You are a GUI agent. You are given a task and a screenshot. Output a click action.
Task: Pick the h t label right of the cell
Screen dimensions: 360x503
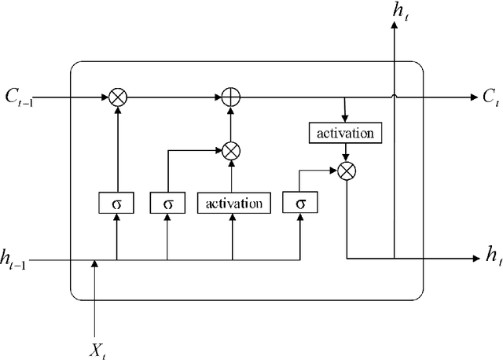coord(492,255)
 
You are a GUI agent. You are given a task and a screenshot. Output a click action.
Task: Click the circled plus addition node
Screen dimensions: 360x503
coord(231,97)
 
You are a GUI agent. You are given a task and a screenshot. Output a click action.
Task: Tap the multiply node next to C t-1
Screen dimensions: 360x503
coord(117,97)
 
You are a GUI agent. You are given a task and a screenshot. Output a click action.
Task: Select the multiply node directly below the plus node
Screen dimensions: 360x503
coord(231,149)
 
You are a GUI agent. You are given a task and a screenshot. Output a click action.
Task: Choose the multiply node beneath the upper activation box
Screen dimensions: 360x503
coord(347,170)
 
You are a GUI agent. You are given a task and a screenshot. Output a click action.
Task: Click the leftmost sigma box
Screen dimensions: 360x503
coord(117,204)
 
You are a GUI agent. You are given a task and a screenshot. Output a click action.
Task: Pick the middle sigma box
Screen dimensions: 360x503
coord(167,204)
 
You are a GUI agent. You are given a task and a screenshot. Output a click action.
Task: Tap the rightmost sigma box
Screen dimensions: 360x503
coord(300,204)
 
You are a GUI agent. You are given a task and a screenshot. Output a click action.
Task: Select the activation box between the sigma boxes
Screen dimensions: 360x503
coord(233,204)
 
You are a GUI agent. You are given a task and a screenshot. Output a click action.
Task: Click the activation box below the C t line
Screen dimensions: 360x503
coord(347,133)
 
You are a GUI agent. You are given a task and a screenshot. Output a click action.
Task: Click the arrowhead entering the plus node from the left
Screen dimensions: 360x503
coord(218,97)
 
